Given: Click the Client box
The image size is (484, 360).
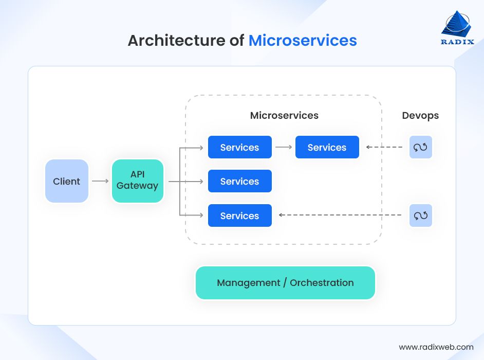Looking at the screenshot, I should point(67,181).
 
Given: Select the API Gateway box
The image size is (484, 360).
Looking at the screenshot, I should point(137,181).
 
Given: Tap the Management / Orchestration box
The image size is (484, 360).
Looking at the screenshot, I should point(285,283).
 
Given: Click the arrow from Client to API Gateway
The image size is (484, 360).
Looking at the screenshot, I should point(100,181).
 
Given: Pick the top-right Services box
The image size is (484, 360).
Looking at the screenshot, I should point(327,147).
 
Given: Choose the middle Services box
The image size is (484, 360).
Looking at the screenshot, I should point(239,181).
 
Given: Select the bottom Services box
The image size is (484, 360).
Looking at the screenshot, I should point(239,215).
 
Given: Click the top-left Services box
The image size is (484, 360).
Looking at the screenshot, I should point(239,147).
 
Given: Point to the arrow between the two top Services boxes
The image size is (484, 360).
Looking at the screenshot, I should point(284,147).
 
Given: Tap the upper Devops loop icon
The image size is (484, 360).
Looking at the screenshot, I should point(420,147).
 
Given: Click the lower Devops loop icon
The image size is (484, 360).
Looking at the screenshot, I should point(420,215).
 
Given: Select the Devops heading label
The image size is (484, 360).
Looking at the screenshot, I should point(420,116).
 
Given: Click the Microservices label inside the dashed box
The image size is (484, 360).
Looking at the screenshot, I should point(284,116).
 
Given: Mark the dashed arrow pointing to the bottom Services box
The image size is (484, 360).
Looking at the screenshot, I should point(339,215).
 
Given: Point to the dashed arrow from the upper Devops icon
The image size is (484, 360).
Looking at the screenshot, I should point(384,147).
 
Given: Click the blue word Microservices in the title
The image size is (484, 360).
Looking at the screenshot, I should point(303,41).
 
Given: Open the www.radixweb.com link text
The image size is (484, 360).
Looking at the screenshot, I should point(436,347).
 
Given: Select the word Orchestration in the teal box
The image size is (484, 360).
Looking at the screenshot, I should point(322,283).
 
